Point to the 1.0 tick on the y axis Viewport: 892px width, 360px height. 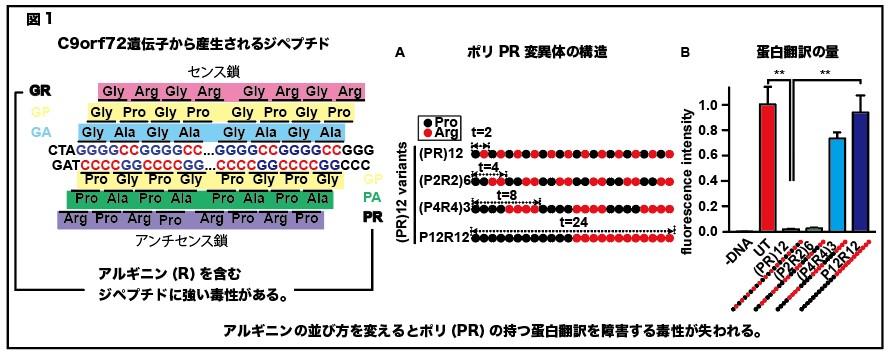click(729, 105)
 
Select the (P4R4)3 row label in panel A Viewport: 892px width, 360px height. click(443, 209)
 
